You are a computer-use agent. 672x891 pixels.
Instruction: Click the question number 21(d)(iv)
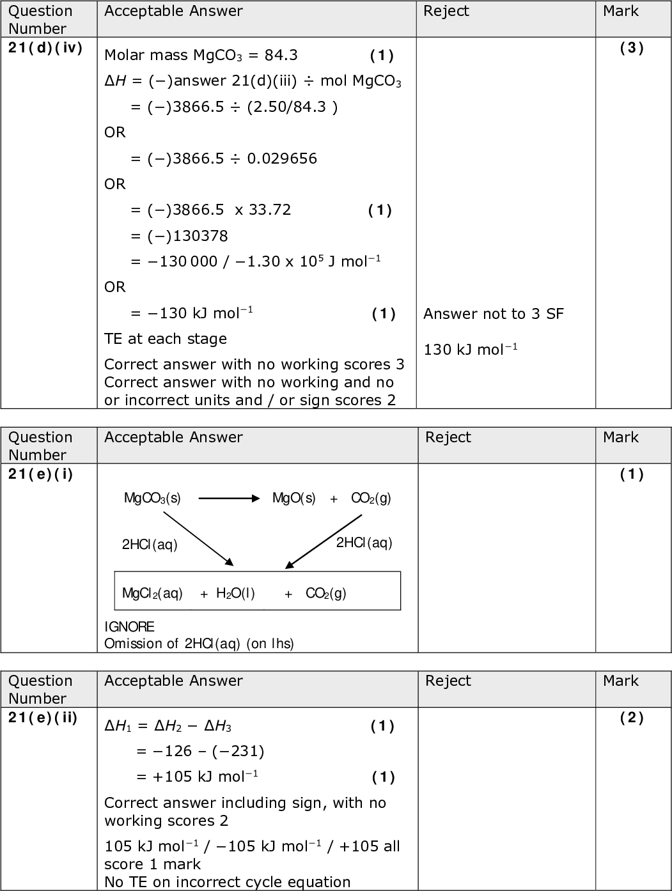click(x=45, y=48)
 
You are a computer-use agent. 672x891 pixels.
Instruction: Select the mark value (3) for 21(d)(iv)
click(x=632, y=48)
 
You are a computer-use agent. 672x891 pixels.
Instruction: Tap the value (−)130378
click(x=179, y=236)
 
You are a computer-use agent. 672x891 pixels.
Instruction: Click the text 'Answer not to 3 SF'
click(x=494, y=314)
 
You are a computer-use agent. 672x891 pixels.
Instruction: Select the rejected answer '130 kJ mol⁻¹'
click(x=471, y=350)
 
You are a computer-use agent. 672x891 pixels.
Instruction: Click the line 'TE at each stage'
click(x=166, y=339)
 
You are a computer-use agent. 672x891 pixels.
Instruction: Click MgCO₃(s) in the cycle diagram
click(x=152, y=499)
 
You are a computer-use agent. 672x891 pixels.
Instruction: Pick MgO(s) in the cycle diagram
click(x=293, y=499)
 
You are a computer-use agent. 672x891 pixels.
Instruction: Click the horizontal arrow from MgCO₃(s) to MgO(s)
click(x=229, y=499)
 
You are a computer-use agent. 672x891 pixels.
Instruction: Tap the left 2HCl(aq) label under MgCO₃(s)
click(x=150, y=545)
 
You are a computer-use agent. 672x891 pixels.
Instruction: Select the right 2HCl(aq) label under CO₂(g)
click(x=364, y=543)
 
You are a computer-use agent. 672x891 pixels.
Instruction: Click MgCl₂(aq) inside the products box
click(x=152, y=593)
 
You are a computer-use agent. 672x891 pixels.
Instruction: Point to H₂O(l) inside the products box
click(x=235, y=593)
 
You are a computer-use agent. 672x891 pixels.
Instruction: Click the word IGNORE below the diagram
click(x=129, y=626)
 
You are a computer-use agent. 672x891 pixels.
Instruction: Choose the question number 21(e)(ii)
click(x=43, y=718)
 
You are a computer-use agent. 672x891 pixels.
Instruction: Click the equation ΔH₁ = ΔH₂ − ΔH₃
click(x=168, y=726)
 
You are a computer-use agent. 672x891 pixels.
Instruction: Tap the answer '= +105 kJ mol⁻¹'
click(x=197, y=777)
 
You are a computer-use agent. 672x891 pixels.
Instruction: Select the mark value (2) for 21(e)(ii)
click(x=632, y=718)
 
